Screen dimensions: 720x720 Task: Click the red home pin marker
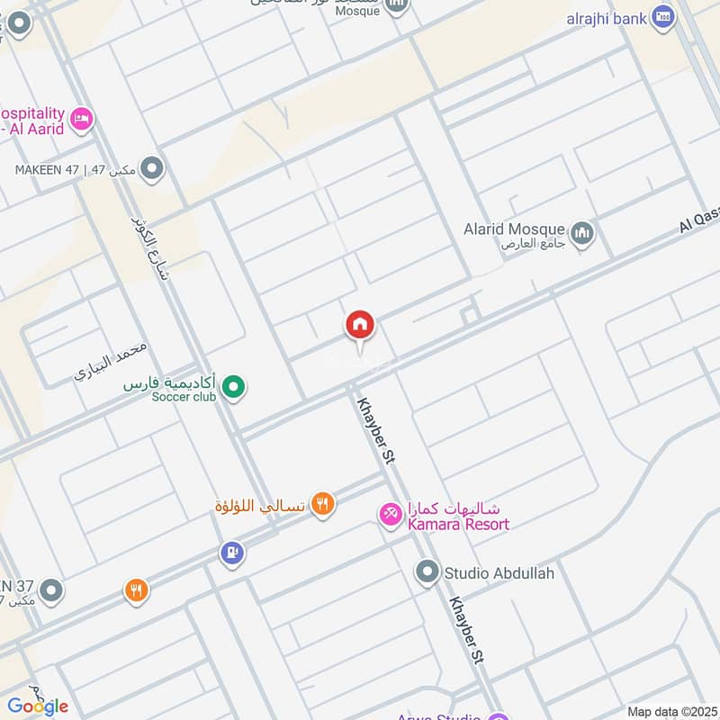pyautogui.click(x=360, y=326)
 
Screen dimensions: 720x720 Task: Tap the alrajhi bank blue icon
pyautogui.click(x=663, y=16)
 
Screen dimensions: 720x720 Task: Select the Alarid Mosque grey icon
pyautogui.click(x=583, y=232)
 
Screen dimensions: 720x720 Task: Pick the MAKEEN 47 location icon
pyautogui.click(x=153, y=167)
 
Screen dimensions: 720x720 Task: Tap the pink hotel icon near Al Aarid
pyautogui.click(x=82, y=118)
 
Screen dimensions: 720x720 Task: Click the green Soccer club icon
pyautogui.click(x=234, y=388)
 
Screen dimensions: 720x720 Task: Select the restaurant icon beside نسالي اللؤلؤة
pyautogui.click(x=322, y=505)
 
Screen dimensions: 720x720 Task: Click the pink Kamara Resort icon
pyautogui.click(x=390, y=515)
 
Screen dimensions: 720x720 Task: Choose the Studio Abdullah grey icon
pyautogui.click(x=426, y=571)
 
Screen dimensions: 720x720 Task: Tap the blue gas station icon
pyautogui.click(x=231, y=553)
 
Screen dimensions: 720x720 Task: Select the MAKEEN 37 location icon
pyautogui.click(x=52, y=590)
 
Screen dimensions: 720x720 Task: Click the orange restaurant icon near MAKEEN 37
pyautogui.click(x=136, y=590)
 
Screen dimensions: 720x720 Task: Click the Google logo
pyautogui.click(x=38, y=706)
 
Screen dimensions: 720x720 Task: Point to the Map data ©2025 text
pyautogui.click(x=670, y=711)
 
